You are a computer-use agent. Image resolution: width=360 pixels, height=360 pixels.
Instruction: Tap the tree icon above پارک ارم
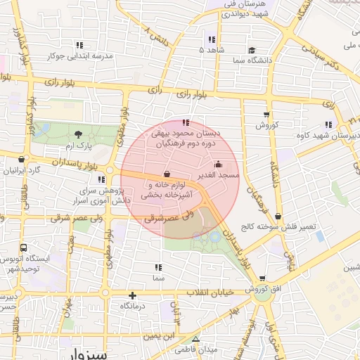click(77, 134)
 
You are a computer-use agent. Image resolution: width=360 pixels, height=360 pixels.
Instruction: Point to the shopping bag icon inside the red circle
click(166, 174)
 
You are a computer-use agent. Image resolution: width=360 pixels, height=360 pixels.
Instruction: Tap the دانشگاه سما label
click(252, 62)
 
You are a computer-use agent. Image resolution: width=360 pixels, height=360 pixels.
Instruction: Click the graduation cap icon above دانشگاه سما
click(252, 51)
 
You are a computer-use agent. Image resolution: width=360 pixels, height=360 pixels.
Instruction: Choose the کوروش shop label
click(267, 125)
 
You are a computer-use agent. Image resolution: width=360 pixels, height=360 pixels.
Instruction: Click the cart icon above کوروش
click(266, 115)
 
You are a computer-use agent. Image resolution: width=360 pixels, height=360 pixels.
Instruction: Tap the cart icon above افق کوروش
click(262, 279)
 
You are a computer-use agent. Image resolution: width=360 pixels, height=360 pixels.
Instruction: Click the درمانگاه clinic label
click(132, 306)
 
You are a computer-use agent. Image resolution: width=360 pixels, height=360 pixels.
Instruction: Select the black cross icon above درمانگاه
click(132, 295)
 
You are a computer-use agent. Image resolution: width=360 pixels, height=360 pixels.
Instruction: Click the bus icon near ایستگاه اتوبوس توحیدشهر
click(24, 248)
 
